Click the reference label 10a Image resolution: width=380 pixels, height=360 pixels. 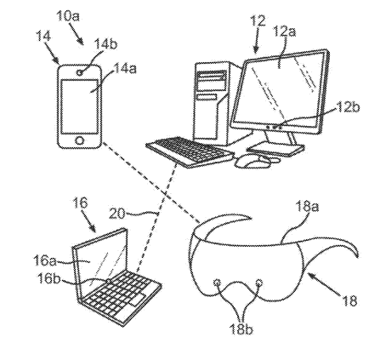[68, 15]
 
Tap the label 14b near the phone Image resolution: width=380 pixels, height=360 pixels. [105, 44]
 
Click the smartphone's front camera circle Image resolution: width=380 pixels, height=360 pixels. [80, 72]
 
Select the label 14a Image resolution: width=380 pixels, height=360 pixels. [125, 69]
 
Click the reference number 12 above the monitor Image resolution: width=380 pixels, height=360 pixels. [258, 21]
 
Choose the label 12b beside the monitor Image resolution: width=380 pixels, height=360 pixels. [348, 107]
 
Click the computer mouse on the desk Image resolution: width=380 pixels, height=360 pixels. [252, 161]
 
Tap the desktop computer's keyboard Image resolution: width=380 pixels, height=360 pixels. [190, 152]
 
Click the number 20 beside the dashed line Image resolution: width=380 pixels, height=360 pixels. [116, 214]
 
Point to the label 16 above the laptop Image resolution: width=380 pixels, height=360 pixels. [80, 203]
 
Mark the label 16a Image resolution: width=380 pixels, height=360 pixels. [44, 260]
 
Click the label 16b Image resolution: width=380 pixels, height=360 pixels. [49, 280]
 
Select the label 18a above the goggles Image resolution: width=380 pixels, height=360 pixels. [307, 207]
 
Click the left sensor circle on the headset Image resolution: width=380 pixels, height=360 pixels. [218, 283]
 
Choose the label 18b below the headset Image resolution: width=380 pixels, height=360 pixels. [241, 330]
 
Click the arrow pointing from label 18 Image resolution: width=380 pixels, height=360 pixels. [325, 284]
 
